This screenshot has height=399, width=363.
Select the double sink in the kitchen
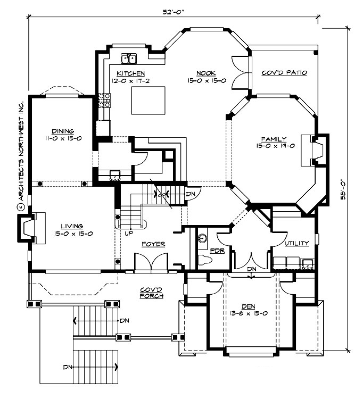point(129,59)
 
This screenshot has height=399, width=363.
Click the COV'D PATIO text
point(284,73)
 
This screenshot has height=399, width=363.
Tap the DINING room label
point(62,131)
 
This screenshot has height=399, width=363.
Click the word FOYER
point(153,244)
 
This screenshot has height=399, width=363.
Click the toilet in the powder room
point(205,260)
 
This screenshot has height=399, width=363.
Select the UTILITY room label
point(296,243)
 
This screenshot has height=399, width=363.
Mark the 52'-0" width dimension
point(171,10)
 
